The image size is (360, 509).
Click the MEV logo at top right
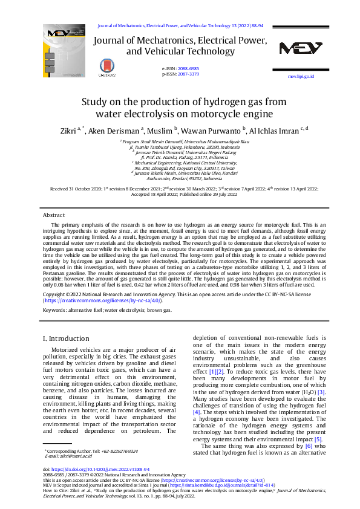coord(300,49)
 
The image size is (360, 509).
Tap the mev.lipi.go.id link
coord(301,77)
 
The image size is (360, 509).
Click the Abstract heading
coord(54,215)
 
